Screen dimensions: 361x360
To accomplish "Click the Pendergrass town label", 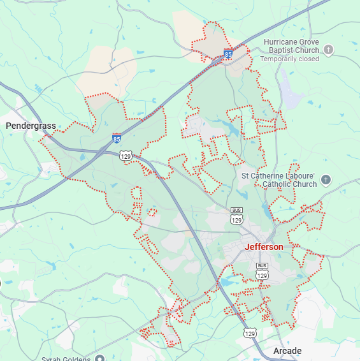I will tap(31, 126).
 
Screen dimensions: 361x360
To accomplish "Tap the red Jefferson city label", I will tap(264, 247).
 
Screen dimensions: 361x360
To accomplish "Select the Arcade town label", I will tap(287, 351).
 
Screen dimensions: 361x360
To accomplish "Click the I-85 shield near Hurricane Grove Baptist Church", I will tap(227, 55).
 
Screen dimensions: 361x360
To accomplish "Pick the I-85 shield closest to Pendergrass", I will tap(116, 138).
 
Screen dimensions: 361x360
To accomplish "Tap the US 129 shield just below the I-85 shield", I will tap(126, 155).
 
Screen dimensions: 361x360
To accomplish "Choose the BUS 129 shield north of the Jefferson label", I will tap(237, 216).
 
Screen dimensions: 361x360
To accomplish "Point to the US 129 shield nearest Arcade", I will tap(250, 332).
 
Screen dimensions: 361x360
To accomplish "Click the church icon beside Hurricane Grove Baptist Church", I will tap(329, 50).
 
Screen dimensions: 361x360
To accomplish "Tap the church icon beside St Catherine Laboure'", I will tap(326, 179).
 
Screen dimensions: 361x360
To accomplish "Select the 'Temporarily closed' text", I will tap(289, 59).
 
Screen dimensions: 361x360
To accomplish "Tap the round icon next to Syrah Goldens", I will tap(99, 358).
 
